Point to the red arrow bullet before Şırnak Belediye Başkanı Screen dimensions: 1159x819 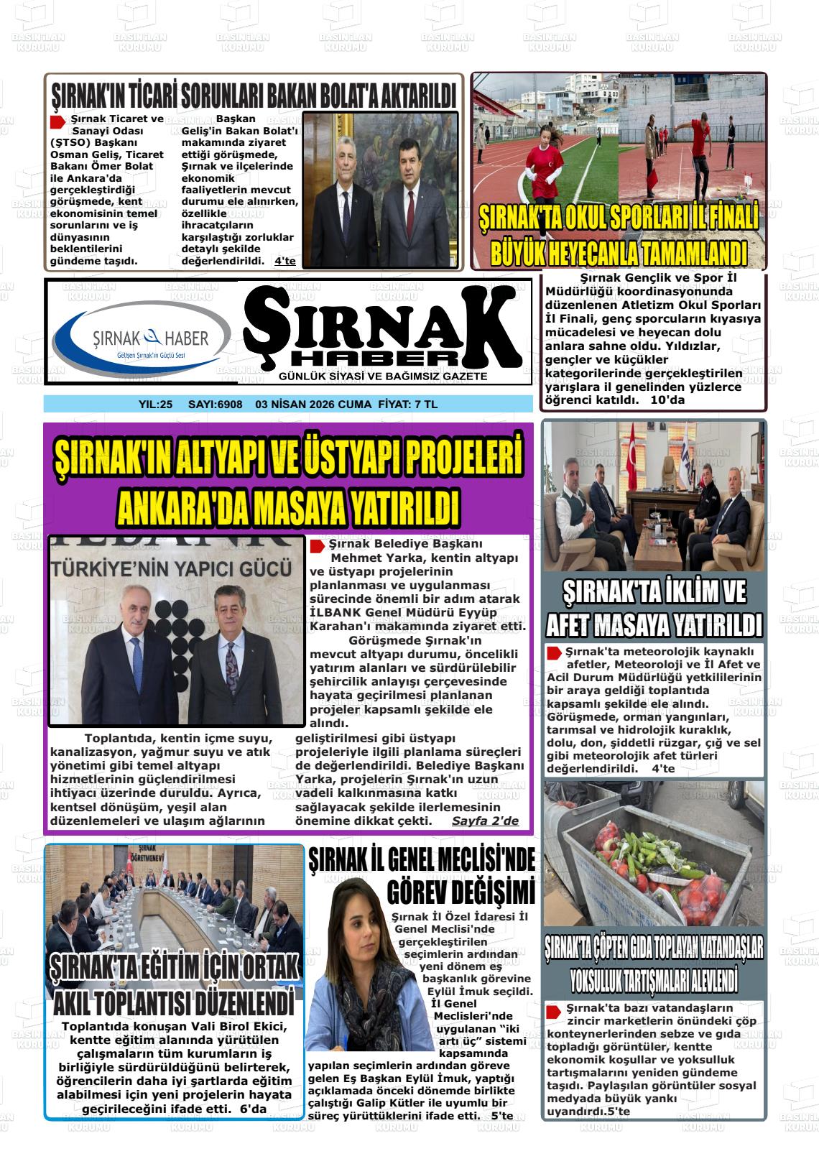pyautogui.click(x=317, y=546)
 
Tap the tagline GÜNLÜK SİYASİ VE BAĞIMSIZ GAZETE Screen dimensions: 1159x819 pyautogui.click(x=383, y=377)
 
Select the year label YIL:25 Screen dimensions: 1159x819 pyautogui.click(x=155, y=405)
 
